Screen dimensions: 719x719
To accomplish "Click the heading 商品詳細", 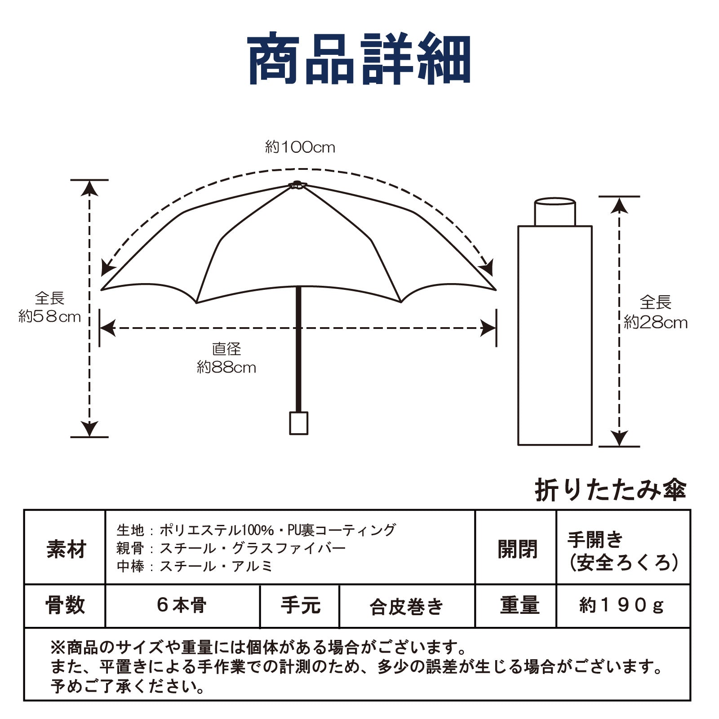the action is (x=359, y=58).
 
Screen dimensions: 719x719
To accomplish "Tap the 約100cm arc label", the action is (x=300, y=147).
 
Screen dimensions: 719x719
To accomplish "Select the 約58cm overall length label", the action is (x=49, y=308).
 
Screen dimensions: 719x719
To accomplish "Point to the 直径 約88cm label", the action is (x=226, y=359).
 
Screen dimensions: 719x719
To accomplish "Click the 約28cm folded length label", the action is (x=656, y=312).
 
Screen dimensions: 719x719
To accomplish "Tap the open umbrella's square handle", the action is (x=299, y=423).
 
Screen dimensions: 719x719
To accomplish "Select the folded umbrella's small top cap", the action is (x=555, y=212).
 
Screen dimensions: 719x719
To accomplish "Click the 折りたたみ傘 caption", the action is (x=611, y=490).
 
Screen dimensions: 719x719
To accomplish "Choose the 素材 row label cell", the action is (x=65, y=548).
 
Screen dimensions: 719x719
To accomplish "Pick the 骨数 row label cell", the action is (x=65, y=606).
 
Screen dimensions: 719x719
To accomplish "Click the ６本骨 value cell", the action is (x=182, y=606).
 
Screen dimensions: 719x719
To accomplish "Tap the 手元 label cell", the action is (x=300, y=606).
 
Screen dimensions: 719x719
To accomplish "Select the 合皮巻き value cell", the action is (x=407, y=606).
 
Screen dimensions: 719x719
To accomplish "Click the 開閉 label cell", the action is (x=516, y=548).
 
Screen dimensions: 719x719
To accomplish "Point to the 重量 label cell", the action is (x=516, y=606).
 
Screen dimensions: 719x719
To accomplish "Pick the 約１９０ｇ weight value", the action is (x=622, y=606).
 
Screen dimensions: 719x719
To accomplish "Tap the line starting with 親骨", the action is (x=231, y=548).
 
